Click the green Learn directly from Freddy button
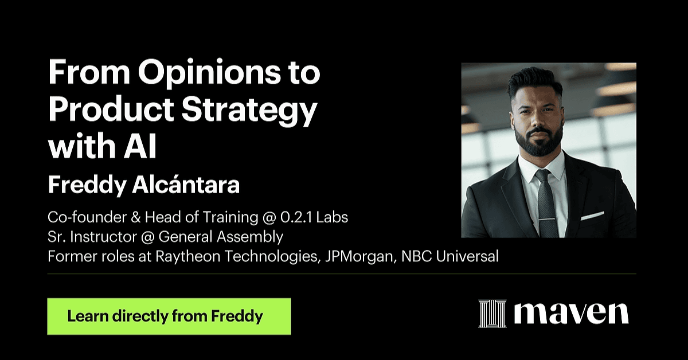click(x=169, y=316)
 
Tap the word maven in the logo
click(x=571, y=314)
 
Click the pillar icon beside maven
click(x=492, y=314)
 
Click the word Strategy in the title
click(x=249, y=111)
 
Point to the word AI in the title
click(x=140, y=146)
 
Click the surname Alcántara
click(x=186, y=185)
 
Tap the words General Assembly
click(x=221, y=237)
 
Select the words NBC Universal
click(x=450, y=256)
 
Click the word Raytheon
click(x=188, y=257)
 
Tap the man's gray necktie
click(x=547, y=203)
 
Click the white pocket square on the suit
click(x=592, y=216)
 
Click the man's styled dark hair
click(x=535, y=81)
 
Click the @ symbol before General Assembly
click(x=148, y=237)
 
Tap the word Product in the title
click(x=111, y=110)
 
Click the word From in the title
click(x=89, y=72)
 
